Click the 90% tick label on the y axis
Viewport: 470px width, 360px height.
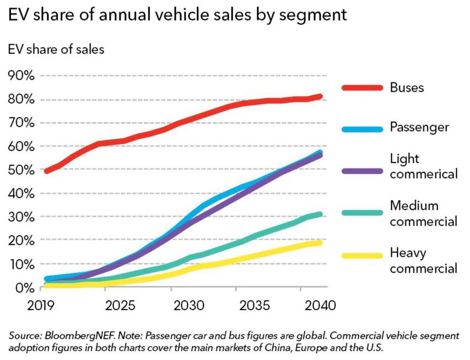pos(21,76)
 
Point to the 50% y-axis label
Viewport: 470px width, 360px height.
pos(21,170)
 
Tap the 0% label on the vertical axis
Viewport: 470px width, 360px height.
pos(24,288)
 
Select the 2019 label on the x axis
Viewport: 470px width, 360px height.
pos(41,305)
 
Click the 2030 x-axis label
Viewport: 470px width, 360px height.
pos(189,305)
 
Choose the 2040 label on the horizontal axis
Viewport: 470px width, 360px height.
pos(320,305)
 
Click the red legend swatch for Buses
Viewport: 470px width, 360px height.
pos(362,87)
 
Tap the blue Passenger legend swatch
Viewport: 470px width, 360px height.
pos(362,129)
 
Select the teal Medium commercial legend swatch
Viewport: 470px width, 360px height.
pos(362,213)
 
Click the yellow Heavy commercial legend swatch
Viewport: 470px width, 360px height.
pos(362,255)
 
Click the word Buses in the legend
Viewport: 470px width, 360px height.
pos(407,87)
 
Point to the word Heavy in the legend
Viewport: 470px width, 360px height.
pos(408,253)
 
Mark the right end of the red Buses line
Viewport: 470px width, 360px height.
pos(320,97)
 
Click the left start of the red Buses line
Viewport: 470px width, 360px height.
pos(46,171)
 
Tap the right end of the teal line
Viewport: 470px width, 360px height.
pos(320,215)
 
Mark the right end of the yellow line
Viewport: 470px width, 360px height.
pos(320,243)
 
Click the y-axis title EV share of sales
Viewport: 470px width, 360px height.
pos(56,49)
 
